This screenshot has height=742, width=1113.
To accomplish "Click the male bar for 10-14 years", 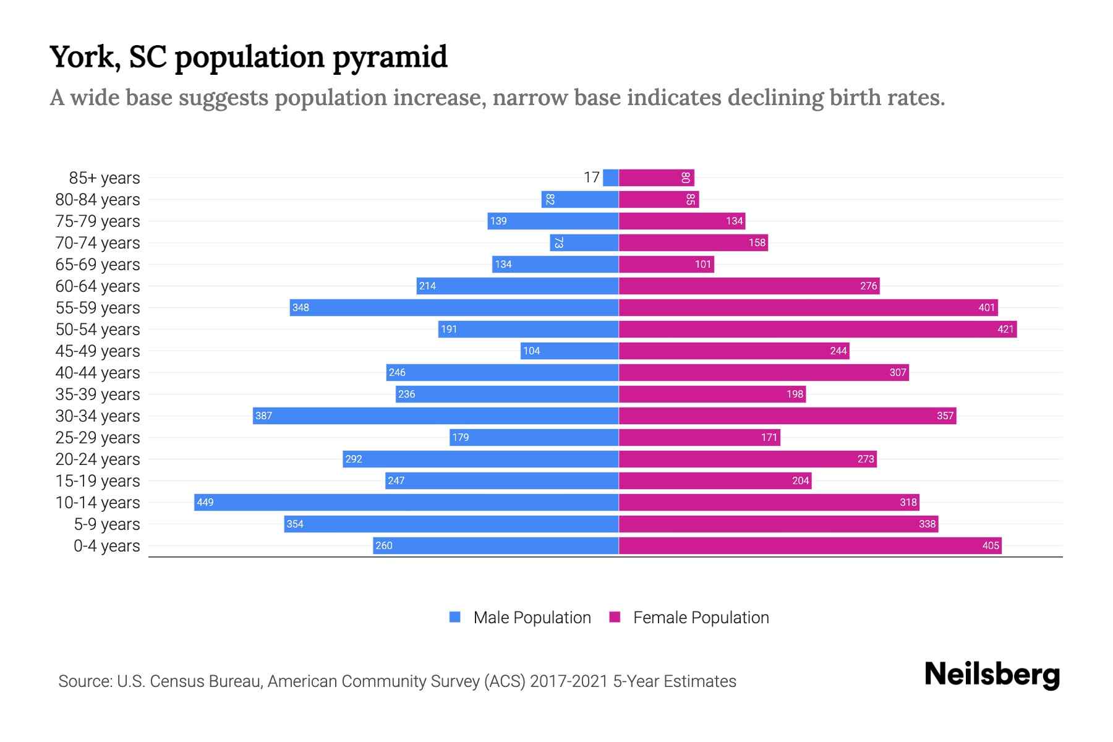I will [x=406, y=502].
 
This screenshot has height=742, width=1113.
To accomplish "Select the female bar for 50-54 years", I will [x=817, y=329].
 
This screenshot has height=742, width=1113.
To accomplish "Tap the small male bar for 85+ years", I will [x=611, y=177].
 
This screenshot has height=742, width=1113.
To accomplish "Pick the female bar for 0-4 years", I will [x=810, y=545].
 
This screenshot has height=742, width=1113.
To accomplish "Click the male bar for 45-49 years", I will [x=569, y=351].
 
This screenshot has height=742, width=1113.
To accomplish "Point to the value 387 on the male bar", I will [x=264, y=416].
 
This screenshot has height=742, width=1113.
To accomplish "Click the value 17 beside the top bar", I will [x=592, y=177].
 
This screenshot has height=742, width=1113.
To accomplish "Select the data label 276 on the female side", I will [x=868, y=286].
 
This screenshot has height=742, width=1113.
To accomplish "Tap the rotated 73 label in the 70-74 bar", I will [x=558, y=242].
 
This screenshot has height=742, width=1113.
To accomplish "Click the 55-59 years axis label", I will [x=98, y=307].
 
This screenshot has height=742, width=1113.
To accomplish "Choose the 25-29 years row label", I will [x=98, y=437].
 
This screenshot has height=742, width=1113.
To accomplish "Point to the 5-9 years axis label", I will [x=107, y=524].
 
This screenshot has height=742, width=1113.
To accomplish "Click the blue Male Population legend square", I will [x=455, y=617].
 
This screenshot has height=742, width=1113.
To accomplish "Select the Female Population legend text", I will [x=701, y=617].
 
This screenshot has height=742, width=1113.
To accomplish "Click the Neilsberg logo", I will [x=992, y=675].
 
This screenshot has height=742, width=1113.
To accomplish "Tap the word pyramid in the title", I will [x=390, y=57].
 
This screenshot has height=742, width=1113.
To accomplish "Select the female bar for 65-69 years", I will [x=667, y=264].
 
